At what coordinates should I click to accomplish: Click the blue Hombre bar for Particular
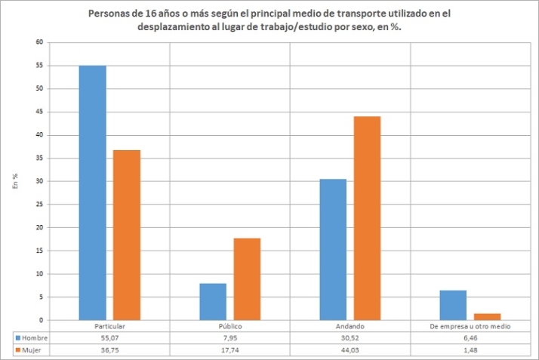tap(92, 192)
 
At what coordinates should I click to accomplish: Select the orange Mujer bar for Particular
tap(126, 235)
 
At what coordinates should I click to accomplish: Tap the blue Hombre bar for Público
tap(213, 301)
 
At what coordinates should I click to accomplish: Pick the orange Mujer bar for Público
tap(247, 278)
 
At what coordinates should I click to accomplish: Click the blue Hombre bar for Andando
tap(334, 249)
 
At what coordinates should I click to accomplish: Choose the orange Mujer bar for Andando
tap(368, 218)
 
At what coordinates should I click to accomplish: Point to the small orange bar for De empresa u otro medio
tap(488, 316)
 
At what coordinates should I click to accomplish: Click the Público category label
tap(230, 325)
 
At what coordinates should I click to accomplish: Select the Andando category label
tap(351, 325)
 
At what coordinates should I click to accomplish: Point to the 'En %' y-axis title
tap(14, 180)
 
